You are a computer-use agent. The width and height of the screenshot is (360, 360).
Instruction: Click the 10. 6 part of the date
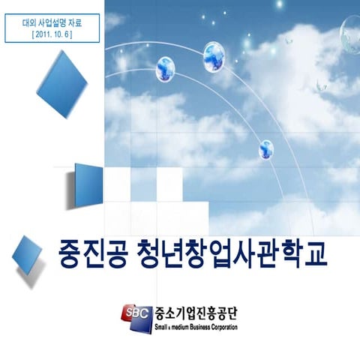[61, 34]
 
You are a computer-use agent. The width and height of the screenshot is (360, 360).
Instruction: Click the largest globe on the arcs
[217, 57]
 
